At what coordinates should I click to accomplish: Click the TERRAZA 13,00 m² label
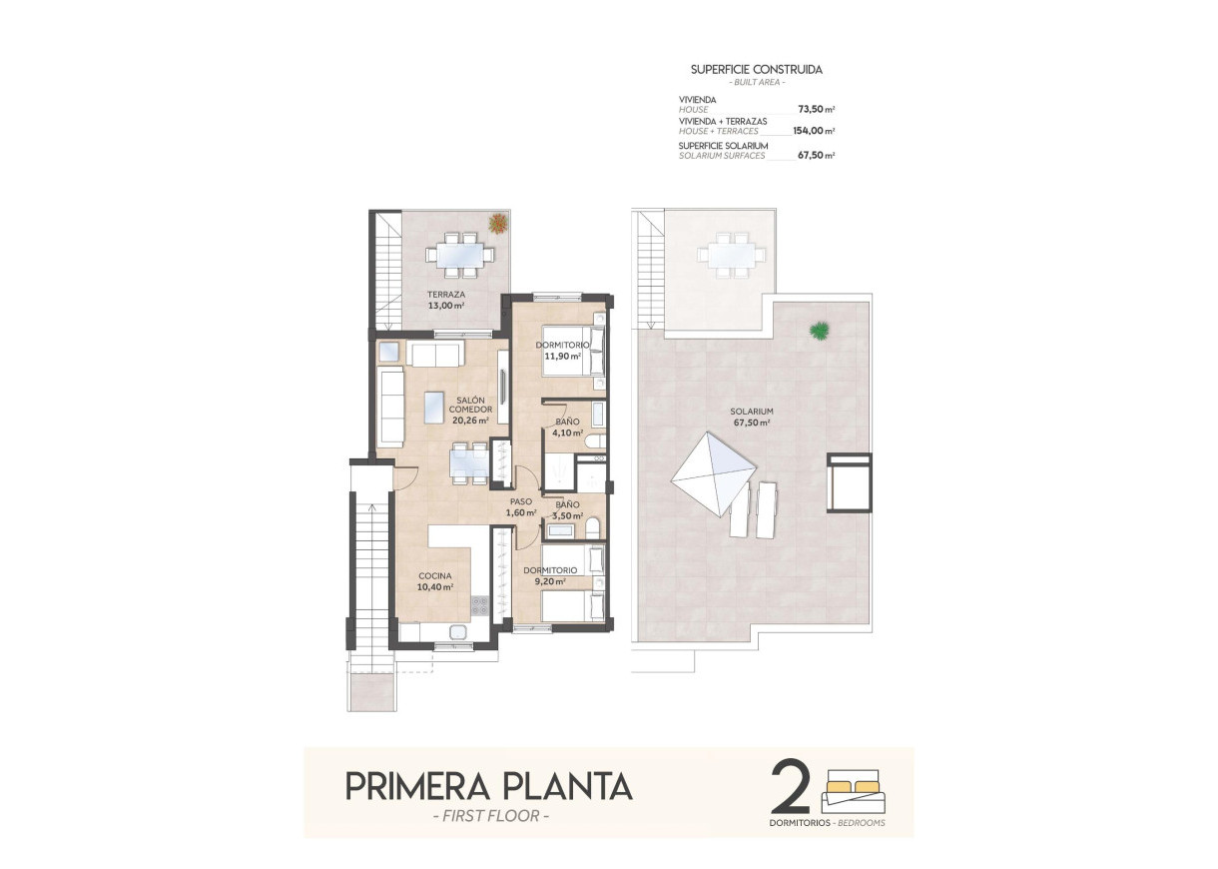tap(445, 301)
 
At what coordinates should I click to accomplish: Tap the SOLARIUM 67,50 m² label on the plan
tap(751, 417)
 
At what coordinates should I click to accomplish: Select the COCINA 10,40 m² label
tap(435, 581)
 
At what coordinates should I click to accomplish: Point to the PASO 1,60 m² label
tap(521, 507)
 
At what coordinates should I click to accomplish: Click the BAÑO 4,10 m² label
tap(566, 428)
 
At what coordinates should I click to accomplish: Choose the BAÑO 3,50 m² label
tap(567, 510)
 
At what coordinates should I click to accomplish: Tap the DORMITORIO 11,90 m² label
tap(562, 350)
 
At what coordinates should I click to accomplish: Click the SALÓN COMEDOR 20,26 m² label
tap(469, 410)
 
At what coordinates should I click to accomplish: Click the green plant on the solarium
tap(820, 329)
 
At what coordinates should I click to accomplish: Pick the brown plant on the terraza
tap(496, 222)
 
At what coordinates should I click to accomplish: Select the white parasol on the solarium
tap(711, 471)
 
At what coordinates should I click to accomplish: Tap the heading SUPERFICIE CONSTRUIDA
tap(756, 70)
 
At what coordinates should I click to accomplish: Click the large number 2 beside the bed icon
tap(791, 786)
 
